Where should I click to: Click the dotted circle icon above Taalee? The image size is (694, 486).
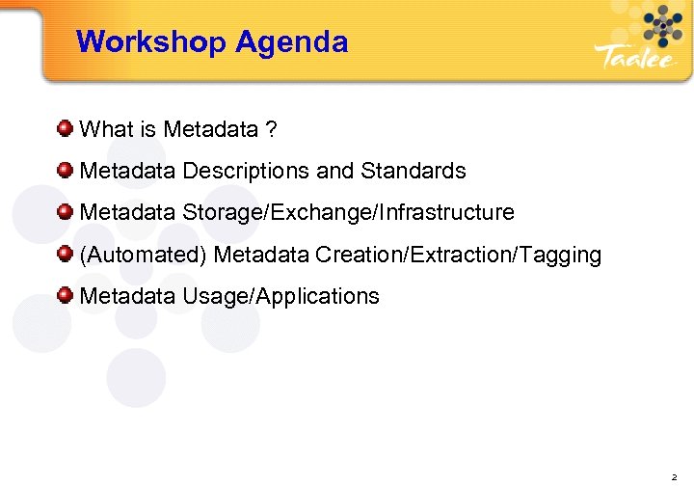[661, 25]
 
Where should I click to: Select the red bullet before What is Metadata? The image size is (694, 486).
[65, 127]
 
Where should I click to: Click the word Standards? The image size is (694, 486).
[414, 171]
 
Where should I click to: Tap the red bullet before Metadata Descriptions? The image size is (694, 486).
[65, 170]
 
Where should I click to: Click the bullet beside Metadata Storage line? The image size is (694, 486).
[65, 211]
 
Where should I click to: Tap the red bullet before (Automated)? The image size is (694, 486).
[65, 254]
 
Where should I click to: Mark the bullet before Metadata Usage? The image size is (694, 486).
[65, 295]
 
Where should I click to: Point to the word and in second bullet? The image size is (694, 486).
[335, 171]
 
